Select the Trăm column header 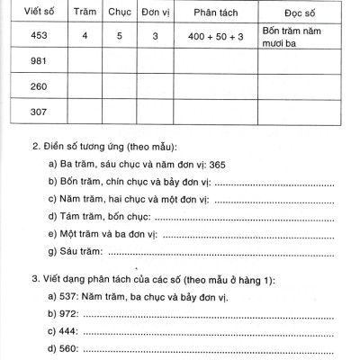85,14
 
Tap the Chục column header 120,14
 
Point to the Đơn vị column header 155,14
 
